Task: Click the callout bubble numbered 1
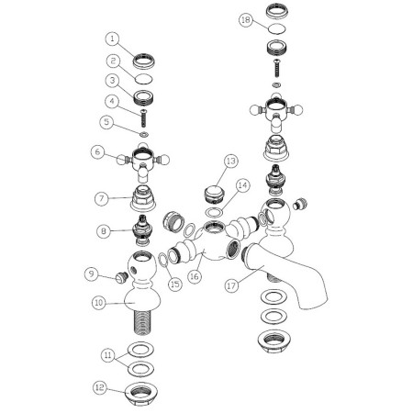click(x=113, y=39)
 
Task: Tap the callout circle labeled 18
click(x=246, y=20)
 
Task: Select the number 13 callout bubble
click(x=231, y=162)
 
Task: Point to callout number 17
click(x=232, y=286)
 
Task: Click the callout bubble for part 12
click(x=100, y=388)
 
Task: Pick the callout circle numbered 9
click(x=92, y=273)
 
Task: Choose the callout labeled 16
click(x=195, y=276)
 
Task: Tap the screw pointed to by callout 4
click(x=143, y=118)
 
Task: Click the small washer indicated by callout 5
click(x=143, y=134)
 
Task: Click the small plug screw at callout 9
click(x=121, y=277)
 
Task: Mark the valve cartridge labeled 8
click(x=143, y=229)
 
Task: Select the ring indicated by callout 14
click(x=214, y=212)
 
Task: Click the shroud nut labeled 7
click(x=143, y=198)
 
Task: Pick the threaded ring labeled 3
click(x=143, y=97)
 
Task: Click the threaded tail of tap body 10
click(x=143, y=324)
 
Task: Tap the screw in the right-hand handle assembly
click(x=276, y=68)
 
